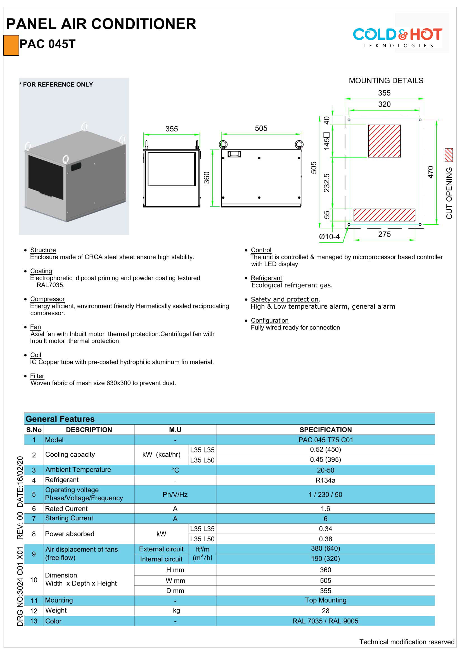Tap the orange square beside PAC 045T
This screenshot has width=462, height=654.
[x=11, y=45]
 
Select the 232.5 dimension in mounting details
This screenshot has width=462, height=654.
[x=326, y=183]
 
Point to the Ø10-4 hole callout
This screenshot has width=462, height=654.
[x=329, y=237]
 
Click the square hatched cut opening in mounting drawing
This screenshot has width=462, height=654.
[x=384, y=141]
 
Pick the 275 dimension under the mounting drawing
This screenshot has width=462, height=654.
[x=384, y=234]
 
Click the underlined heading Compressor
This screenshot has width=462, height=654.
[x=48, y=299]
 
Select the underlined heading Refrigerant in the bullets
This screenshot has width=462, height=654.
[x=266, y=278]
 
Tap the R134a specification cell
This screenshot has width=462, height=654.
[x=325, y=480]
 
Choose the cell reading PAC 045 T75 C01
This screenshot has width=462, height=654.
[x=325, y=440]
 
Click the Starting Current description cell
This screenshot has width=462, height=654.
[x=69, y=518]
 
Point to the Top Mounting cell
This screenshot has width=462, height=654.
[x=325, y=600]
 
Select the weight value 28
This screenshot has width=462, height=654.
[x=325, y=611]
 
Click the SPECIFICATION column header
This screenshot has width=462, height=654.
[x=325, y=429]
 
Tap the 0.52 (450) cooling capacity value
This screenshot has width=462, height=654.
[x=325, y=450]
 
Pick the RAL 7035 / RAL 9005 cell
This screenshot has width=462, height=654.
[x=325, y=621]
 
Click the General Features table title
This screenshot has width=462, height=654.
[x=60, y=419]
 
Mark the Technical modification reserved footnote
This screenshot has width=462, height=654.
[x=406, y=642]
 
